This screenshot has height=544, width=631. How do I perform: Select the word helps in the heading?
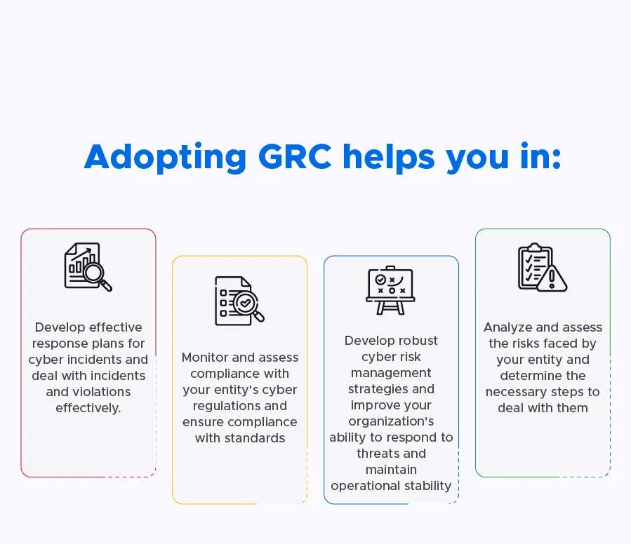(x=389, y=157)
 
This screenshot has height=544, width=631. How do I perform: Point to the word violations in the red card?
(x=88, y=391)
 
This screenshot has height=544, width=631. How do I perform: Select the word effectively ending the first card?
(x=88, y=407)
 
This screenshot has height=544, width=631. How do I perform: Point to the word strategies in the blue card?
(x=391, y=389)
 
